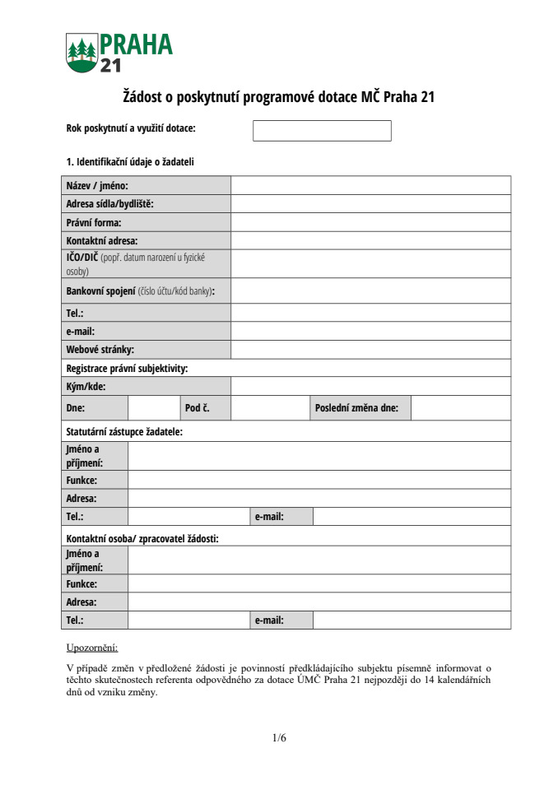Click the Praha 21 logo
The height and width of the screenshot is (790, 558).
(x=119, y=53)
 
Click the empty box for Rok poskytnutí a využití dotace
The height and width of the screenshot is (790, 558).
(x=322, y=131)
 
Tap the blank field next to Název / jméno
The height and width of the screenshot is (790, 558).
(x=370, y=186)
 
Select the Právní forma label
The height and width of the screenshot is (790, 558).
(x=94, y=223)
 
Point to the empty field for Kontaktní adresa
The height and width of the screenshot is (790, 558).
(x=370, y=241)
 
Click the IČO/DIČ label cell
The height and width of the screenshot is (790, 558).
(x=146, y=263)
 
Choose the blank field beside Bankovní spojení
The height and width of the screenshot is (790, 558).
(x=370, y=290)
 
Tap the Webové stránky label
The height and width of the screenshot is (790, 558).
(x=100, y=350)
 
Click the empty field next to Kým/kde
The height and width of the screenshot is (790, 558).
(x=370, y=386)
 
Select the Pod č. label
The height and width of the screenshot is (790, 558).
(x=198, y=407)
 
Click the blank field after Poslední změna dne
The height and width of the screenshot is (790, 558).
(x=460, y=407)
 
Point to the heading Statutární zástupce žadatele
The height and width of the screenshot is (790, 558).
(x=124, y=431)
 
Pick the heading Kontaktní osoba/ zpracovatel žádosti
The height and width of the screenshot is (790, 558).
(x=142, y=538)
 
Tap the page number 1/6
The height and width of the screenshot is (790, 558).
(x=279, y=738)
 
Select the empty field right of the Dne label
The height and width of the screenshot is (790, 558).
(x=153, y=407)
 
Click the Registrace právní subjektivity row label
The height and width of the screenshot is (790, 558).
(x=127, y=369)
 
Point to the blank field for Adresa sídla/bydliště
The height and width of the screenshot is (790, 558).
(x=370, y=204)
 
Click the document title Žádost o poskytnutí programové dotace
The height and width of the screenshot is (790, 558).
(x=279, y=97)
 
